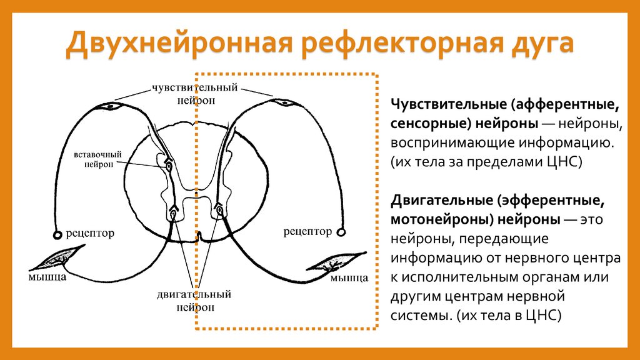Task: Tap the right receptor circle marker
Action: point(341,232)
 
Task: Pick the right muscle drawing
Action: point(337,261)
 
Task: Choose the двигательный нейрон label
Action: point(194,299)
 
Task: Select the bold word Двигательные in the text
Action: point(441,202)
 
